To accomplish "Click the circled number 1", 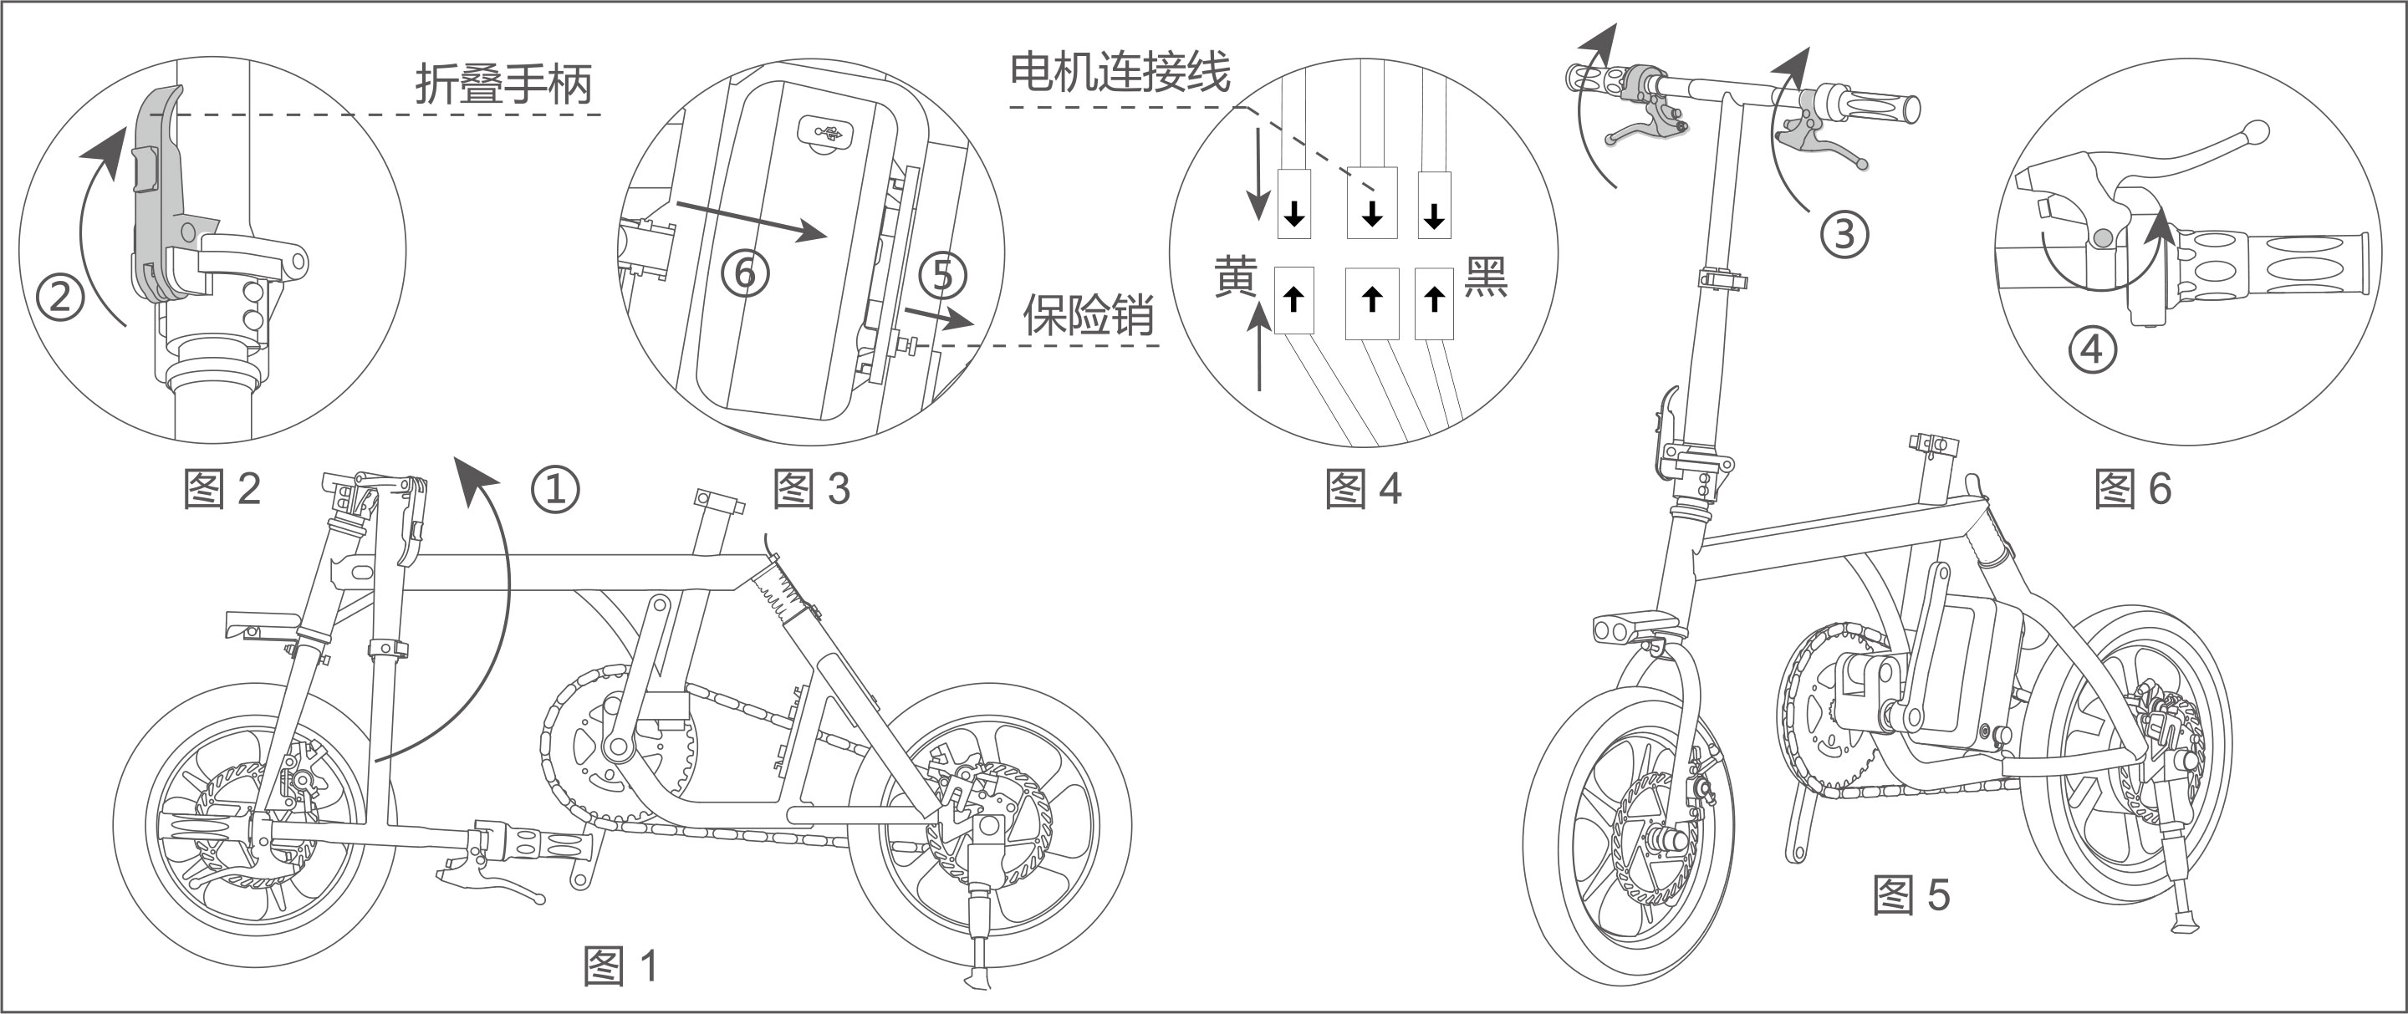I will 555,488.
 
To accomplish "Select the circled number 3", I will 1844,232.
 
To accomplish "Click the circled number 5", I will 942,275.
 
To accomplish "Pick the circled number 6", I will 745,273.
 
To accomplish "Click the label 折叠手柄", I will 503,84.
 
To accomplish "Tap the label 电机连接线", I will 1120,72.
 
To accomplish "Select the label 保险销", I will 1088,316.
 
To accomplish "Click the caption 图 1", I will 620,965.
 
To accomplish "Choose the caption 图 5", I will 1911,894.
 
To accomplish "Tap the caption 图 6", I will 2132,488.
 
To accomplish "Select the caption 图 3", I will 811,488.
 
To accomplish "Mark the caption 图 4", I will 1363,488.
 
